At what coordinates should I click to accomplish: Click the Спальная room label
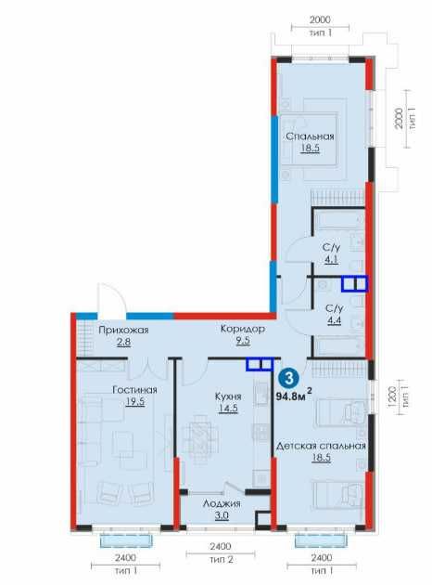(310, 136)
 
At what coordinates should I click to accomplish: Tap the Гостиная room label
(134, 390)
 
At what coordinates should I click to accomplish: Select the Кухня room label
(228, 396)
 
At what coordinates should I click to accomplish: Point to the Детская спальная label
(321, 446)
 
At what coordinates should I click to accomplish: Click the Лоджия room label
(222, 503)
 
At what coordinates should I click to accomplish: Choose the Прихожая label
(123, 331)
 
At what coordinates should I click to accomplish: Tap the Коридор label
(243, 329)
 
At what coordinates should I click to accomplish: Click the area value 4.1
(331, 260)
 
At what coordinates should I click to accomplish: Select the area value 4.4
(334, 320)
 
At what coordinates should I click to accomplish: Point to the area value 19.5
(134, 402)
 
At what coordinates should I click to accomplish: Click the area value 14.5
(228, 409)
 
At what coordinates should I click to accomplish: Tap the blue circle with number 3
(288, 378)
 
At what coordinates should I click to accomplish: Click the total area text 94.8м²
(294, 396)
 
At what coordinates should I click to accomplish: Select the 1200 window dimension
(390, 397)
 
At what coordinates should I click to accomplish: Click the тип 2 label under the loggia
(222, 560)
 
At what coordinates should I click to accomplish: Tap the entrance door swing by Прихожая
(111, 298)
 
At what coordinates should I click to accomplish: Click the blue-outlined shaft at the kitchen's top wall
(260, 364)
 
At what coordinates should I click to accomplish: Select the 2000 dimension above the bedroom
(320, 19)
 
